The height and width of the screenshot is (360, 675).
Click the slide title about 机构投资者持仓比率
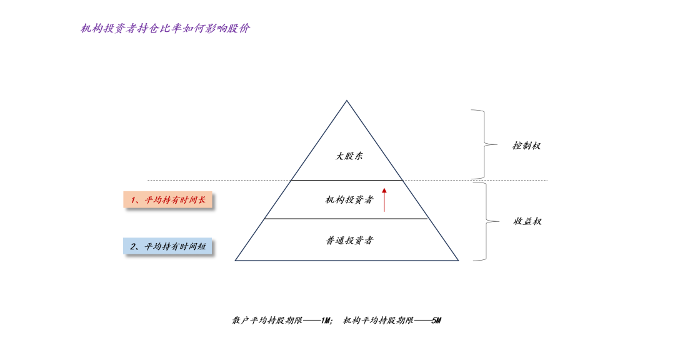pos(165,29)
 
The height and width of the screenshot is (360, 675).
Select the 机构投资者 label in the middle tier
pos(349,200)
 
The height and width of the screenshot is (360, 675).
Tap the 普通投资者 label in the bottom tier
pos(349,240)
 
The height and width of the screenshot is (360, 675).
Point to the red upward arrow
pos(384,199)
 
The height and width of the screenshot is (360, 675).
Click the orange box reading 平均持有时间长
pos(168,201)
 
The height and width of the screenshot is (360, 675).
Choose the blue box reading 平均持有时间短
pos(168,247)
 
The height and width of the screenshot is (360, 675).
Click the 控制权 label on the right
pos(526,146)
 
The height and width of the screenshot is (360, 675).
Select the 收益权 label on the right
pos(527,221)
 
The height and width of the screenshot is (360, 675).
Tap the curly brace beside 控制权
pos(481,144)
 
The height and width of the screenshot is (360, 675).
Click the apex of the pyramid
pos(347,101)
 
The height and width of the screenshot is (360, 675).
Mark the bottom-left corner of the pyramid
pos(236,260)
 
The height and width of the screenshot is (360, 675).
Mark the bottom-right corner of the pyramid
pos(458,260)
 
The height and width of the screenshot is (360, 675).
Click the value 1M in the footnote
pos(326,321)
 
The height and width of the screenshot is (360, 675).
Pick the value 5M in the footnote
pos(436,321)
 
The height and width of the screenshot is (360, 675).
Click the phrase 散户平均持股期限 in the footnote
pos(267,321)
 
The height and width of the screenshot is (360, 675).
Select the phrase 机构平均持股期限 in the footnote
pos(379,321)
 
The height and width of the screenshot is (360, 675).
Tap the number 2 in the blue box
pos(134,247)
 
